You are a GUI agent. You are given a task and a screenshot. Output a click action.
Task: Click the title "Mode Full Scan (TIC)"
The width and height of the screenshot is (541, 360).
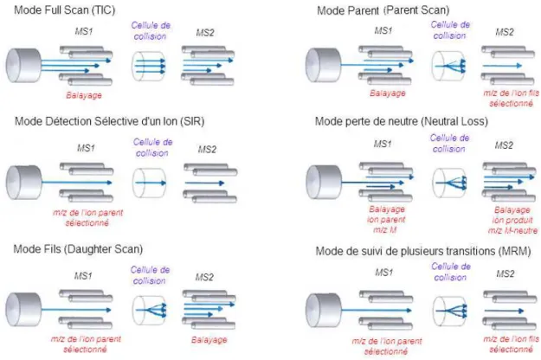[x=65, y=10]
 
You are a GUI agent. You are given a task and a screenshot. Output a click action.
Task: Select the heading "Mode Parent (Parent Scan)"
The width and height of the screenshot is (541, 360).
[x=383, y=10]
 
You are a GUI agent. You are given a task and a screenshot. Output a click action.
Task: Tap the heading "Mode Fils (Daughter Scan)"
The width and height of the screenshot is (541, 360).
[x=78, y=249]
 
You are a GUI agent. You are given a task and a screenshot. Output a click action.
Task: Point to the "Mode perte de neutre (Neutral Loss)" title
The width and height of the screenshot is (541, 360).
[x=402, y=121]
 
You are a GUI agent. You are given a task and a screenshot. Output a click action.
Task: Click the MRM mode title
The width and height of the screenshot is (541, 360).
[x=423, y=251]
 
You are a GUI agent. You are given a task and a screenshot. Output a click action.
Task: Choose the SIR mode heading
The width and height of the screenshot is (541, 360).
[x=109, y=121]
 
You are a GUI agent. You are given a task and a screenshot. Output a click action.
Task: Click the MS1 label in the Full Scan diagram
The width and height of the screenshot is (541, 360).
[x=84, y=31]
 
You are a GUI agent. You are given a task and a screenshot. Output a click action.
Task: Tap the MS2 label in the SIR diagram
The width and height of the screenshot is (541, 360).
[x=207, y=150]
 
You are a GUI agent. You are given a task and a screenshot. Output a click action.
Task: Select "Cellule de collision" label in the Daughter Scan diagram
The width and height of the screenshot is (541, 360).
[x=150, y=275]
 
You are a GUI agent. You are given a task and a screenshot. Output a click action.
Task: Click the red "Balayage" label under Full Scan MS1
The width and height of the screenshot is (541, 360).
[x=84, y=95]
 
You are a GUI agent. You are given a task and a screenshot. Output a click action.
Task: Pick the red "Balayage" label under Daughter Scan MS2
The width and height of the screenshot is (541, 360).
[x=209, y=339]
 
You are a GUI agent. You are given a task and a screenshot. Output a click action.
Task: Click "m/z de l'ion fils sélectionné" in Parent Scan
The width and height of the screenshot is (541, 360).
[x=511, y=99]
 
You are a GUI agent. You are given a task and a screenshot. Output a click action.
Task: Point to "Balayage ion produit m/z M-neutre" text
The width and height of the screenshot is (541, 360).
[x=512, y=220]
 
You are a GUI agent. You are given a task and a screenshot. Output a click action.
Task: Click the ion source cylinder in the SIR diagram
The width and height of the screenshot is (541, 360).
[x=23, y=183]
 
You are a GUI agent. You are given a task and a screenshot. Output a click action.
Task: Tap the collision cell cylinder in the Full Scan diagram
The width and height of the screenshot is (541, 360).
[x=148, y=67]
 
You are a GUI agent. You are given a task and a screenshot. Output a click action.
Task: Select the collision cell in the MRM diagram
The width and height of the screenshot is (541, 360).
[x=449, y=311]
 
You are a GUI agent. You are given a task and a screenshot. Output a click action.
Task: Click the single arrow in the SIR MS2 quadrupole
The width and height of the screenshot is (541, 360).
[x=204, y=183]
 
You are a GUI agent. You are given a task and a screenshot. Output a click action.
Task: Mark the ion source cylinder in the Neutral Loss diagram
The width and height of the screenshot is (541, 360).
[x=324, y=182]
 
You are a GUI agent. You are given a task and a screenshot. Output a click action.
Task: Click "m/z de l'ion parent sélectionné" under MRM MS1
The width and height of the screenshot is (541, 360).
[x=386, y=346]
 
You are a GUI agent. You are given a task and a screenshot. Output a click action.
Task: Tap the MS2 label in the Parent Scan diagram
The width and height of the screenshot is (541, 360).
[x=505, y=32]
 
